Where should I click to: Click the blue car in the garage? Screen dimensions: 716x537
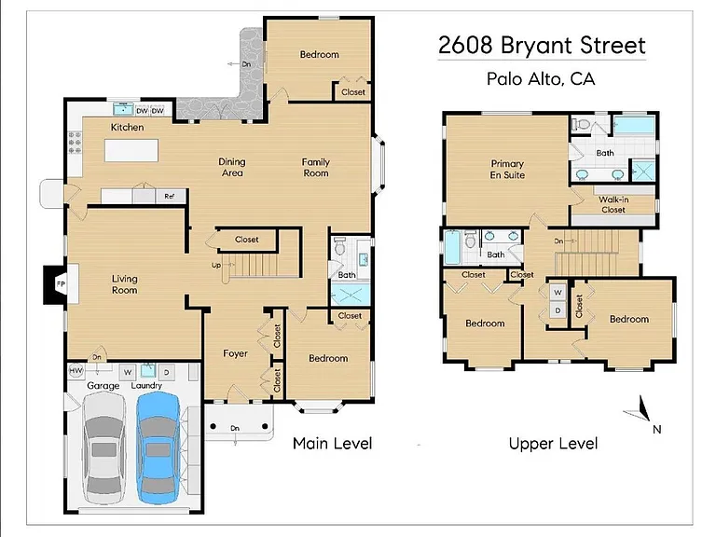pyautogui.click(x=158, y=447)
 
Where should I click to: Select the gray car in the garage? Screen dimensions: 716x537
pyautogui.click(x=103, y=447)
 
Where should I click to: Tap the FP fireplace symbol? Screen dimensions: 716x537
pyautogui.click(x=61, y=284)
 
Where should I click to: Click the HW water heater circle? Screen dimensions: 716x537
pyautogui.click(x=76, y=371)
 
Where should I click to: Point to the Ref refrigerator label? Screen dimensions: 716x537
pyautogui.click(x=169, y=196)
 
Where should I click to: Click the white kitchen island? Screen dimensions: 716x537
pyautogui.click(x=131, y=151)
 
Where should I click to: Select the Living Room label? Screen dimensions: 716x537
pyautogui.click(x=125, y=284)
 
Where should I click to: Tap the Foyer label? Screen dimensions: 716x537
pyautogui.click(x=235, y=353)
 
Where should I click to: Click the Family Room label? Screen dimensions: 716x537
pyautogui.click(x=315, y=168)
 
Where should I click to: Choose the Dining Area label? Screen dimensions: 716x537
pyautogui.click(x=232, y=167)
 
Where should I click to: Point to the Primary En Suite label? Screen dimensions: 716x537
pyautogui.click(x=507, y=169)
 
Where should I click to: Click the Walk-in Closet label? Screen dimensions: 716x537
pyautogui.click(x=613, y=204)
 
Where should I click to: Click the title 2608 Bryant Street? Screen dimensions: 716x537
pyautogui.click(x=542, y=45)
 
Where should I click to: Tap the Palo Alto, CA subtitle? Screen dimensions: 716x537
pyautogui.click(x=541, y=78)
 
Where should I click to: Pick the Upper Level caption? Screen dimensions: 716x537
pyautogui.click(x=553, y=444)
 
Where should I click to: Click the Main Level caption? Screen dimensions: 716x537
pyautogui.click(x=333, y=444)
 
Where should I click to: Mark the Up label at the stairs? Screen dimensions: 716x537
pyautogui.click(x=216, y=265)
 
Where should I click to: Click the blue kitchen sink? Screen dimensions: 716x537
pyautogui.click(x=123, y=109)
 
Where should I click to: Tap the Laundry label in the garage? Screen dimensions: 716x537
pyautogui.click(x=146, y=385)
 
